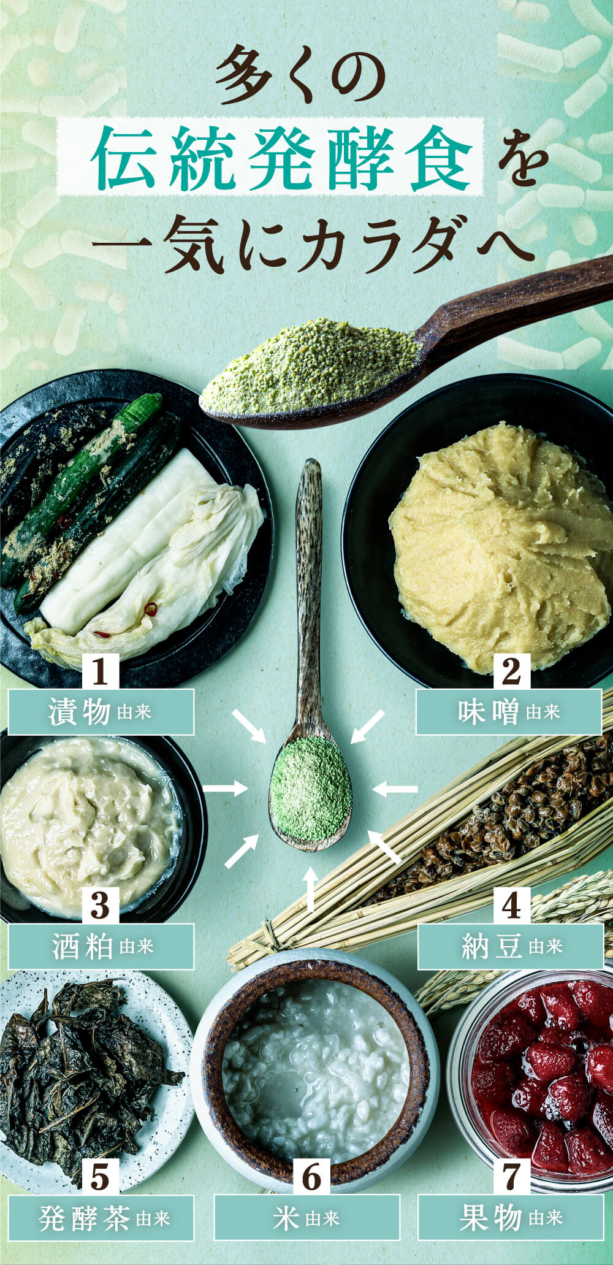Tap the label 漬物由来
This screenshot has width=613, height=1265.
(101, 712)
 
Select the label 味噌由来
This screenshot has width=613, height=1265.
(509, 712)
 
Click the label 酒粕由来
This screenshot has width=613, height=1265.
(101, 946)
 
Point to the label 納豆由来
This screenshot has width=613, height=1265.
(511, 946)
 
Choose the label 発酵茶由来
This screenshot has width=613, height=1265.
(101, 1217)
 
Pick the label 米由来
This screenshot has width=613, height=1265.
(306, 1217)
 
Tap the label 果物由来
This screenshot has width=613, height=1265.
(511, 1217)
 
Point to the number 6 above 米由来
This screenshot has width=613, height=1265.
(311, 1177)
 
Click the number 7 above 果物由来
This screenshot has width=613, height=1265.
(511, 1177)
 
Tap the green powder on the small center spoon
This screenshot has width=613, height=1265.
(311, 788)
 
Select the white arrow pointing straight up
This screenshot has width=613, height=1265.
(311, 889)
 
